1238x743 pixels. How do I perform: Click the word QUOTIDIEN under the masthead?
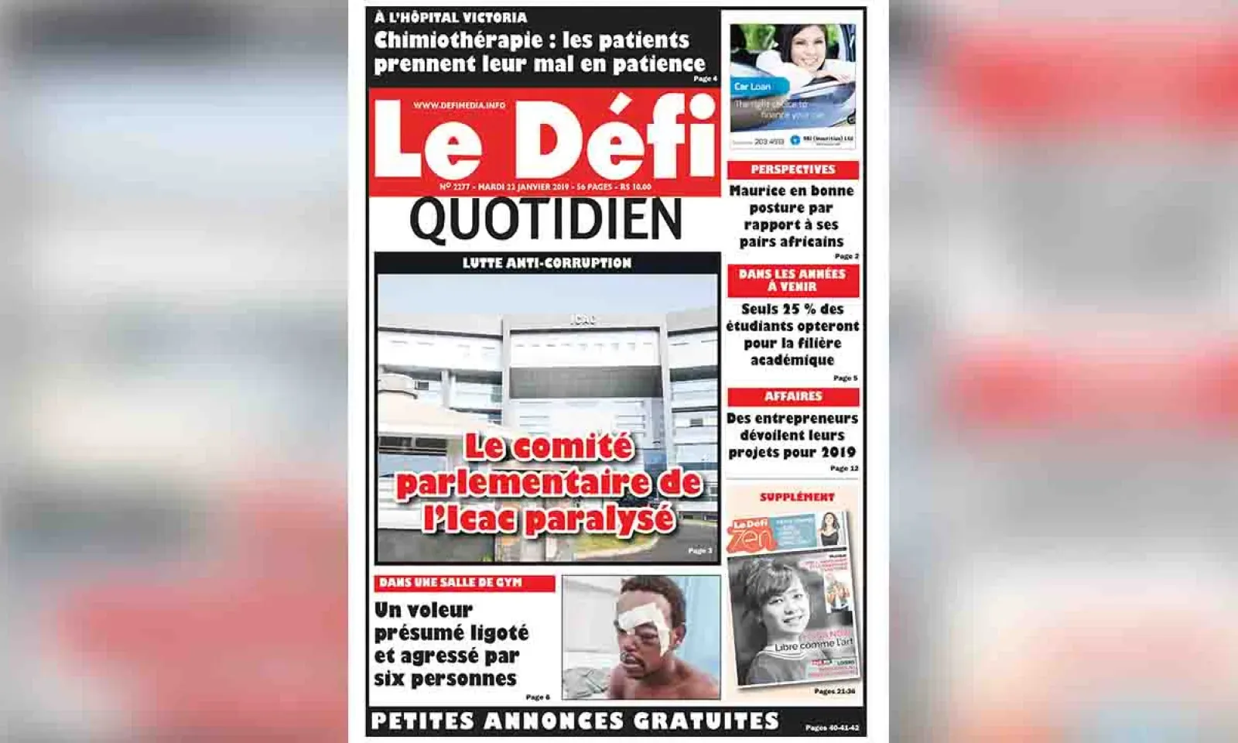[545, 220]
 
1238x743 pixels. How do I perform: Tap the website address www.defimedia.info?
[459, 105]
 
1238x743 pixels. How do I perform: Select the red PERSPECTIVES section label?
[793, 169]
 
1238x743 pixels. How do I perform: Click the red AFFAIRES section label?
[793, 396]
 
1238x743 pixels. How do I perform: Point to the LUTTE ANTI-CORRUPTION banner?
[547, 263]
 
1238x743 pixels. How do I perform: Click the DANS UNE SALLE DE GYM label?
[450, 583]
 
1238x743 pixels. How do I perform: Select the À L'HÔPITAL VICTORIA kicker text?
[450, 17]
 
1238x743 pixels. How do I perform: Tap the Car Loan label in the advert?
[752, 87]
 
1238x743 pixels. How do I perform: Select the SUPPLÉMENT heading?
[797, 497]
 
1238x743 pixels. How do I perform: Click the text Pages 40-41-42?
[831, 728]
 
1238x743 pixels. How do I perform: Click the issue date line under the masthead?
[545, 187]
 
